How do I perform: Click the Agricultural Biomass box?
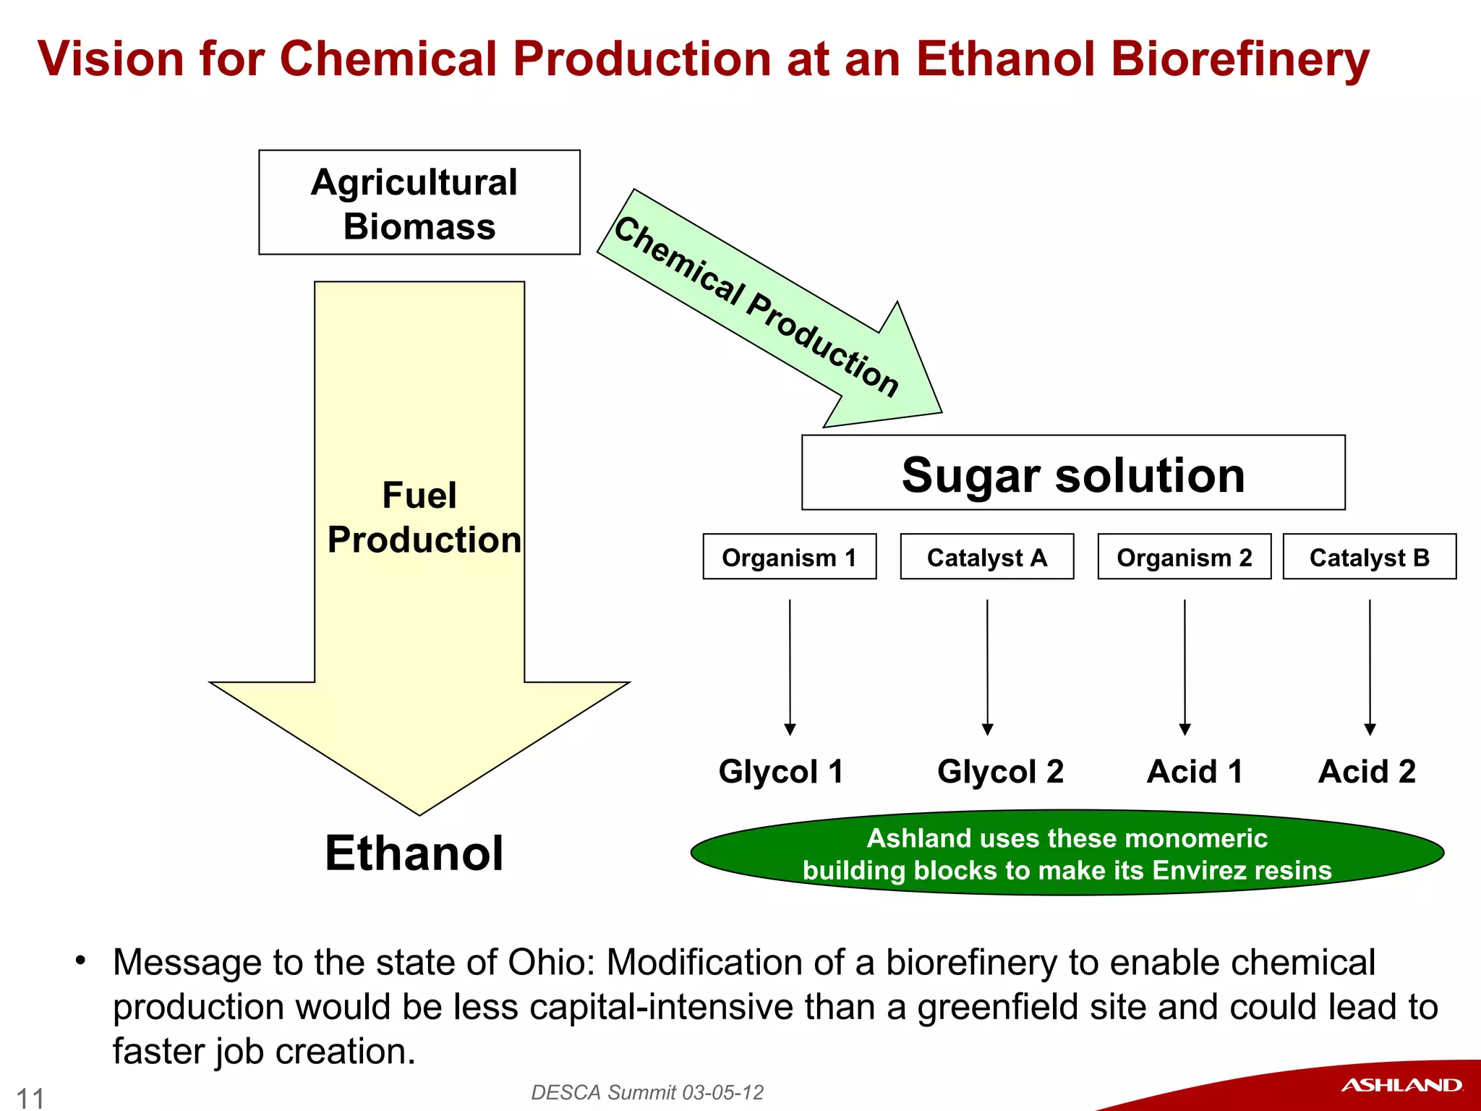coord(419,203)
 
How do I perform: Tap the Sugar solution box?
coord(1073,474)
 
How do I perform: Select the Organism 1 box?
coord(789,557)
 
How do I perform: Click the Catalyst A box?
coord(986,557)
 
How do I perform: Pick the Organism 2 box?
coord(1184,557)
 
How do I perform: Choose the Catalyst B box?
coord(1369,557)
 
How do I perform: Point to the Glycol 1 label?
coord(781,771)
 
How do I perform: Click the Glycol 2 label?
coord(1000,771)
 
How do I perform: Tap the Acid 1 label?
coord(1195,771)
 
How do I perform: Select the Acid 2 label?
coord(1367,771)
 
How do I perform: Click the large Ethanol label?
coord(414,854)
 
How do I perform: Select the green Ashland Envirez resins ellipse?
coord(1067,854)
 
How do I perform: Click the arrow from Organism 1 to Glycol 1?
coord(790,665)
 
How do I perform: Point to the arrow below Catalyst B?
coord(1370,665)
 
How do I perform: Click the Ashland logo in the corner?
coord(1401,1085)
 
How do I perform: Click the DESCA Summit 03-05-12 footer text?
coord(647,1092)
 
